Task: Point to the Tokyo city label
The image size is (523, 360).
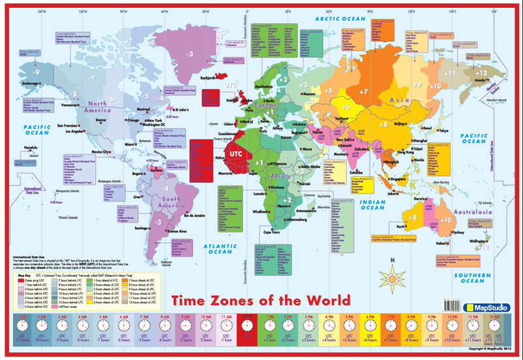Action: pos(444,131)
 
